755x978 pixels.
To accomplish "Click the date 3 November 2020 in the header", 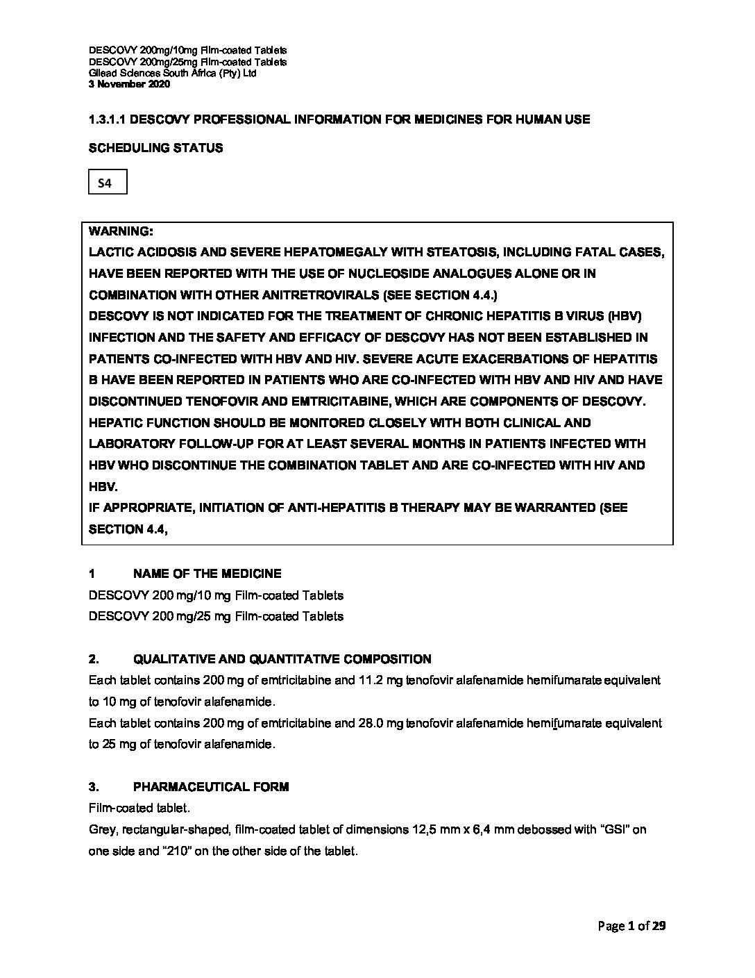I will (129, 84).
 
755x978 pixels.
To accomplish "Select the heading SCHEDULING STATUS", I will (156, 148).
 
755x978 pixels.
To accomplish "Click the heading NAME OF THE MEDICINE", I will (207, 574).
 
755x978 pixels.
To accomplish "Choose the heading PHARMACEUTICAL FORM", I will (211, 787).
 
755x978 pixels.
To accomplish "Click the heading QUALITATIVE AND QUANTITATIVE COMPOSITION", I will (282, 659).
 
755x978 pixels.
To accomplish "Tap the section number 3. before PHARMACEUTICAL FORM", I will (94, 787).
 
